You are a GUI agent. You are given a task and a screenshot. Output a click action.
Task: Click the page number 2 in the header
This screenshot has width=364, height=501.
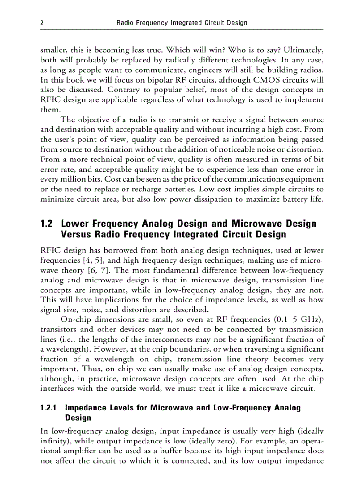click(x=42, y=22)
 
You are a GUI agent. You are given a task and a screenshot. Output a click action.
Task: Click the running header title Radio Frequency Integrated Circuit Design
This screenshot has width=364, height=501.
click(x=182, y=22)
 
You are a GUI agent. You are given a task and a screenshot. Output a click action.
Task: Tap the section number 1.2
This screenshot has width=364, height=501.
click(x=47, y=223)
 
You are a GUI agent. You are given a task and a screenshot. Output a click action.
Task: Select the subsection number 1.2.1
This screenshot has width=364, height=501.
click(x=49, y=408)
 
